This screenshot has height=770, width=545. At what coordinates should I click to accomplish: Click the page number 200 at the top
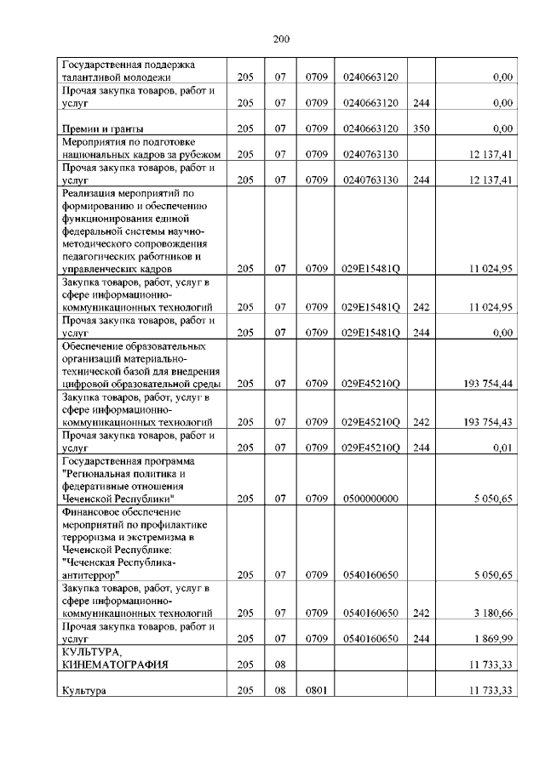(x=282, y=38)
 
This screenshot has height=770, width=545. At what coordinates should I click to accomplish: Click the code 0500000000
(x=370, y=499)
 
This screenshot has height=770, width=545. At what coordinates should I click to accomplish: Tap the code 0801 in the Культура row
(x=317, y=690)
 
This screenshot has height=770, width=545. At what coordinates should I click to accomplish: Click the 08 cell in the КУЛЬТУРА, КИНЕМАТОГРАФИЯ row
(x=278, y=664)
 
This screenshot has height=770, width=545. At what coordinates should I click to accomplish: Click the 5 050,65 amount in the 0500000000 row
(x=492, y=499)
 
